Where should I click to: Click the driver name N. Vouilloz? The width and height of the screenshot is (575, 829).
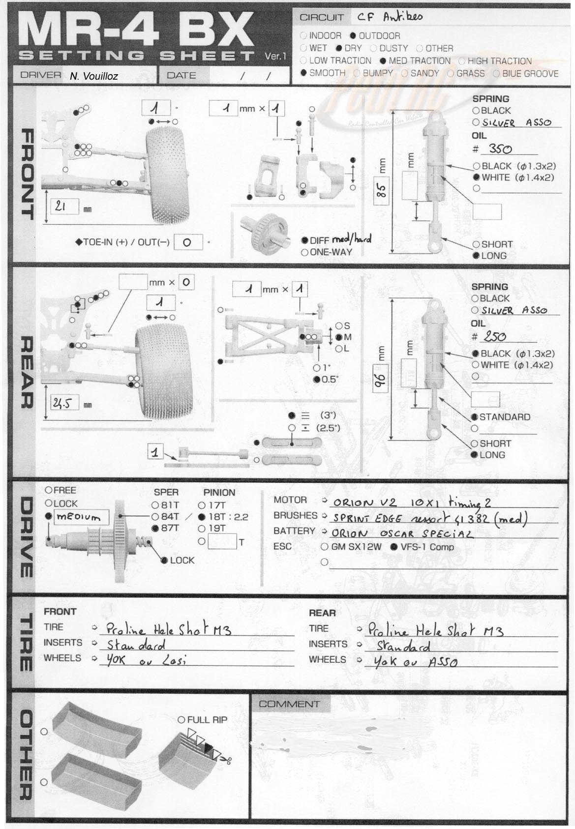(x=93, y=76)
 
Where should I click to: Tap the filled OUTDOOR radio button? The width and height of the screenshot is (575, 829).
(x=353, y=36)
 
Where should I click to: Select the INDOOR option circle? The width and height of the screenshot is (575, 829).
(x=303, y=36)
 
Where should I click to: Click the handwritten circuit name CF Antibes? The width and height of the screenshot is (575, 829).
(x=390, y=17)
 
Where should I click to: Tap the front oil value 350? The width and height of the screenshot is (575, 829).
(x=500, y=149)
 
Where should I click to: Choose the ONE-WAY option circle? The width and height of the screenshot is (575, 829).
(x=305, y=252)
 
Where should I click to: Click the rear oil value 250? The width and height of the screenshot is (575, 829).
(x=495, y=337)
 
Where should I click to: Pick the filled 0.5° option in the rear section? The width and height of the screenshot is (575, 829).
(x=317, y=379)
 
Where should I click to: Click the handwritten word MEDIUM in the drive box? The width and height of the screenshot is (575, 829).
(x=79, y=517)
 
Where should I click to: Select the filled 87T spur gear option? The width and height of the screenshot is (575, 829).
(x=155, y=528)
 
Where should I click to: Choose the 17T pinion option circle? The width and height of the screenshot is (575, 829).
(x=202, y=505)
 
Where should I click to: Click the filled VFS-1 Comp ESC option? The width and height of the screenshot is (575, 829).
(x=394, y=547)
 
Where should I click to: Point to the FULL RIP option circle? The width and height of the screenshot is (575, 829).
(x=182, y=720)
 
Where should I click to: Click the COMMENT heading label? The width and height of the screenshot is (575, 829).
(x=289, y=704)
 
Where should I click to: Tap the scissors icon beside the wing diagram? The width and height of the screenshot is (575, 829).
(x=226, y=761)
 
